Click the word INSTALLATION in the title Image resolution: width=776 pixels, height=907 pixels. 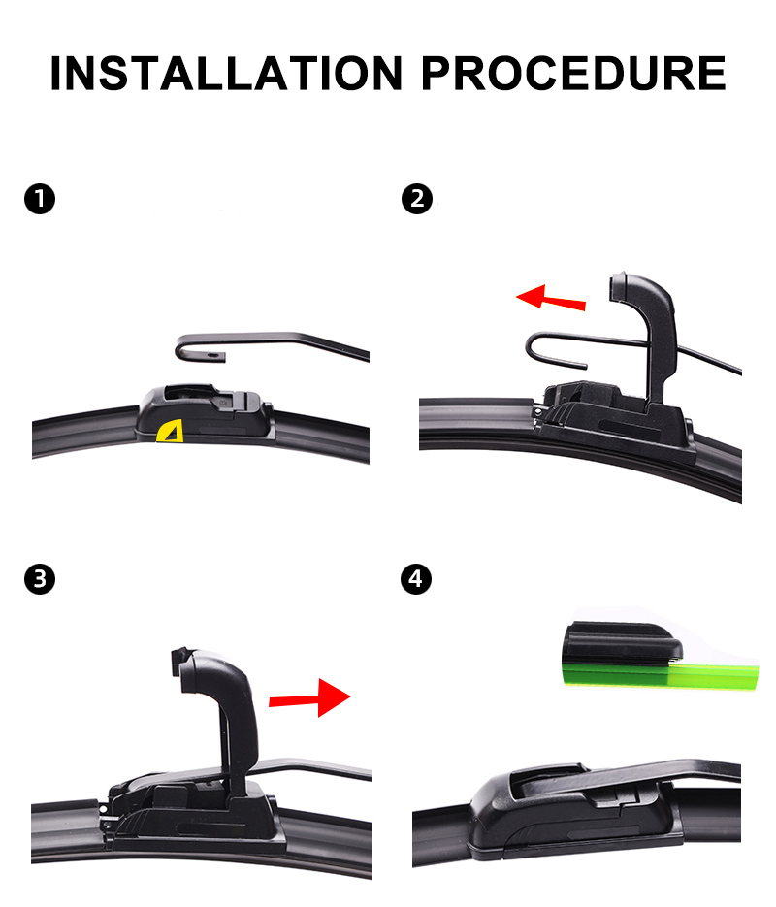[226, 74]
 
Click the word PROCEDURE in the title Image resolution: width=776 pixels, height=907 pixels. [573, 74]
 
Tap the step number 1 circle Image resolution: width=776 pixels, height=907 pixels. [40, 199]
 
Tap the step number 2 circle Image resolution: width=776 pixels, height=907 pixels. [417, 199]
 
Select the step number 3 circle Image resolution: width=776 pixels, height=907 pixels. [40, 579]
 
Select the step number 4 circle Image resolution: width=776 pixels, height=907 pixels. [416, 579]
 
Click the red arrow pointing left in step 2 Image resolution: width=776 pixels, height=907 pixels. [551, 298]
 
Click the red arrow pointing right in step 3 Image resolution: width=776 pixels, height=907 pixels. [310, 698]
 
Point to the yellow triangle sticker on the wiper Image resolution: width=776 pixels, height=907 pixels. [170, 432]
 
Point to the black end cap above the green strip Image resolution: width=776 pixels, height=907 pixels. [622, 641]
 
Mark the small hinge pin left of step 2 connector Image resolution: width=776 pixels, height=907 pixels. [538, 412]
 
